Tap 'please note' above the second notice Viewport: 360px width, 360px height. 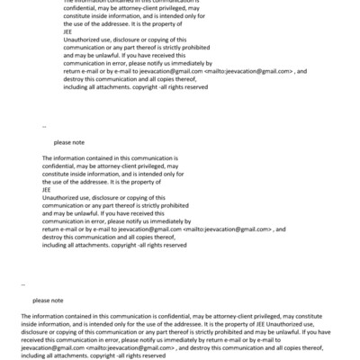click(x=70, y=142)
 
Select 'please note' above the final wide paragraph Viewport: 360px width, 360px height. click(x=48, y=300)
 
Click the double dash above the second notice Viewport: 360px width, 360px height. click(x=44, y=126)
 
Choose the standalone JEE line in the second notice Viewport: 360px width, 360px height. click(x=47, y=190)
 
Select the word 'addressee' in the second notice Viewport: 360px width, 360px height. click(x=100, y=182)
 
